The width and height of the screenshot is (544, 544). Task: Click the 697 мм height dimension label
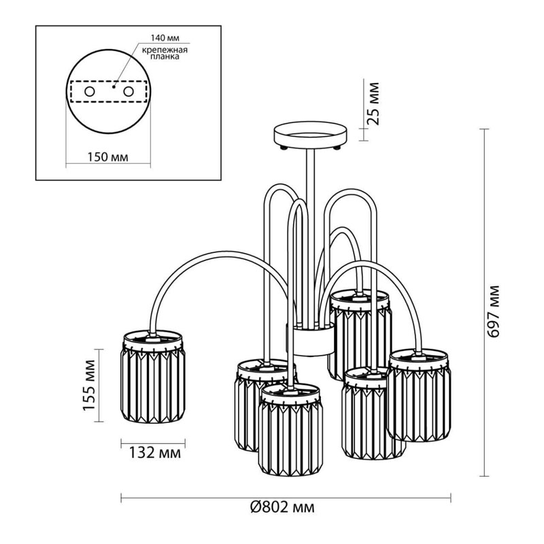click(493, 311)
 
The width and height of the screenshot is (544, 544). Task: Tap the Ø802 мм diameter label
click(282, 507)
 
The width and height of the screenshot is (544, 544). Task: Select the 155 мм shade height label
click(89, 385)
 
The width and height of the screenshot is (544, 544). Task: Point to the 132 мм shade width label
click(155, 453)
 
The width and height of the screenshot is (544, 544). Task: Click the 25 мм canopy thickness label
click(373, 103)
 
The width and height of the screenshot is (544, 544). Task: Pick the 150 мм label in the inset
click(107, 157)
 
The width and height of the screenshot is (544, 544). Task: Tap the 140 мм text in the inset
click(165, 38)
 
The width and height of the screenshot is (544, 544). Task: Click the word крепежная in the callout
click(165, 50)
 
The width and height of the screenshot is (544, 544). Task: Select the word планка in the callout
click(165, 56)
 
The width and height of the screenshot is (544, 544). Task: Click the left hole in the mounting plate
click(90, 92)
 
